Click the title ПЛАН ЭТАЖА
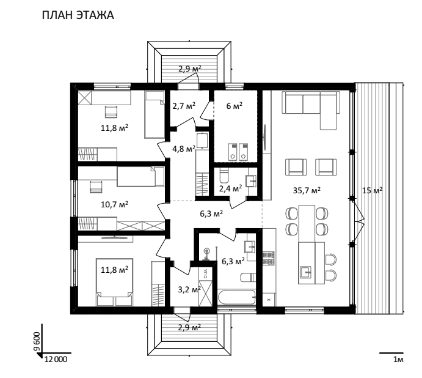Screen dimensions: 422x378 click(x=78, y=15)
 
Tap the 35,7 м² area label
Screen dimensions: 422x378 click(x=307, y=190)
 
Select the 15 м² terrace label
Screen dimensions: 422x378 click(x=372, y=190)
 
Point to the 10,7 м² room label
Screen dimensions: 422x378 click(x=114, y=204)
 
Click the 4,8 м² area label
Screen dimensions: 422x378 click(x=184, y=149)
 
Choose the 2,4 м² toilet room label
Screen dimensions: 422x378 click(x=230, y=188)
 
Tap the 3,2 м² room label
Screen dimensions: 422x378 click(x=189, y=290)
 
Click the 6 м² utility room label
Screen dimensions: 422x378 click(x=234, y=106)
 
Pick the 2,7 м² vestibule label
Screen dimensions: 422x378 click(x=184, y=105)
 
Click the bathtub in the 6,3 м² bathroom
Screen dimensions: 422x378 click(x=236, y=297)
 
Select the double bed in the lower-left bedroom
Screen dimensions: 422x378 click(x=114, y=282)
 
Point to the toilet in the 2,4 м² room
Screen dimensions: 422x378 click(x=224, y=176)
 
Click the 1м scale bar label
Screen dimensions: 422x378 click(x=398, y=360)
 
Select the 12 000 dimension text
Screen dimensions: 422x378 click(x=56, y=359)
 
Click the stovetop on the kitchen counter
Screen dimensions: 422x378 click(x=269, y=258)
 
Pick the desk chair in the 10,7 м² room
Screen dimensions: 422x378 click(x=96, y=187)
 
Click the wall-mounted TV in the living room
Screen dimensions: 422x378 click(x=265, y=138)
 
